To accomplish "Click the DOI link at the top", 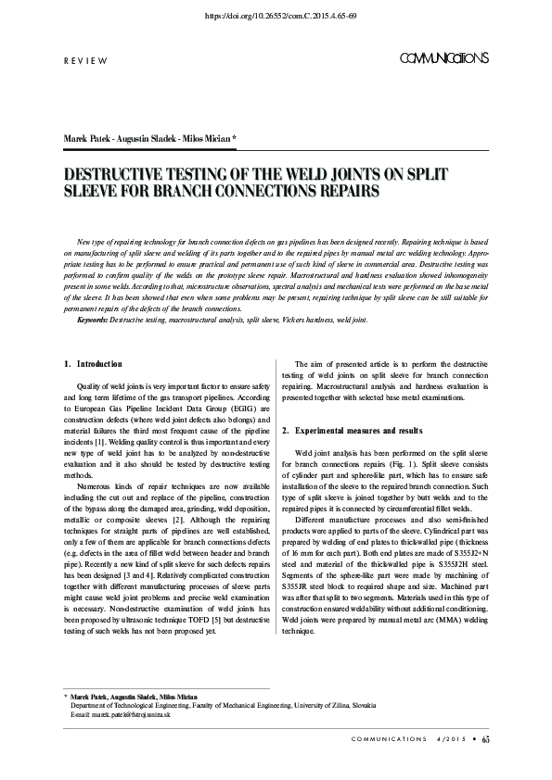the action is point(276,17).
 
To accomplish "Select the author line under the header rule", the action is point(149,138).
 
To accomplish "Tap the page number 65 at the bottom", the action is point(485,764).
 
